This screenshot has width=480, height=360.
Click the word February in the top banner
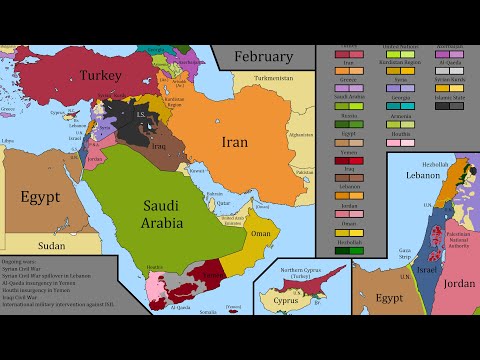point(263,56)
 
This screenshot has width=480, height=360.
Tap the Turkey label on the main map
point(101,76)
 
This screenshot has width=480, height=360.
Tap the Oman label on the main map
point(260,233)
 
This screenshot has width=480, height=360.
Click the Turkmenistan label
point(273,77)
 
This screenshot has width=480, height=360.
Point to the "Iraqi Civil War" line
point(29,297)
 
